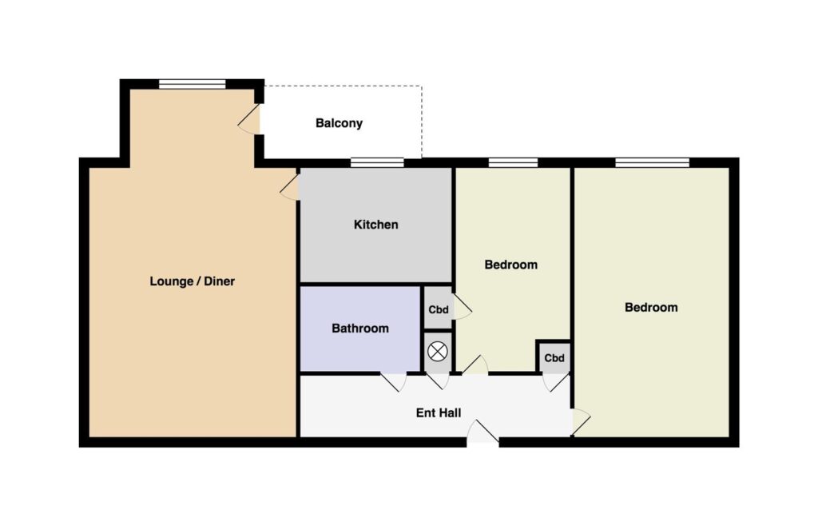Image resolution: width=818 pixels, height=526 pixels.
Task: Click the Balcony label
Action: pos(339,123)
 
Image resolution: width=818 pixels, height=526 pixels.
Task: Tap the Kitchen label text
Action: pos(375,225)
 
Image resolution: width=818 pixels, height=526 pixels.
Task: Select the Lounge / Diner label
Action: pos(192,281)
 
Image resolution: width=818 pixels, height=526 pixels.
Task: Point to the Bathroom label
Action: pos(360,329)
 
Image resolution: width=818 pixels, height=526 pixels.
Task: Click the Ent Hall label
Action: pos(439,412)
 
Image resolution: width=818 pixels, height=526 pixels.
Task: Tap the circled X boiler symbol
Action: pos(437,351)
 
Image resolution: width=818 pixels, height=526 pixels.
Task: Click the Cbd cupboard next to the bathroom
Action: pos(439,309)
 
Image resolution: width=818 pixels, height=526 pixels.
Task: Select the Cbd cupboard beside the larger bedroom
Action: pos(554,358)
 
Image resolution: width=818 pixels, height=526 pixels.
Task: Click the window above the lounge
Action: pos(192,84)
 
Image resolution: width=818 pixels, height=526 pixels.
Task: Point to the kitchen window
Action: pos(377,162)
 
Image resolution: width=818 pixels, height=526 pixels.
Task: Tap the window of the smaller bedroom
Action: pos(513,162)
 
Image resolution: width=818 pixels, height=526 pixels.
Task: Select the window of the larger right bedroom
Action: pos(652,162)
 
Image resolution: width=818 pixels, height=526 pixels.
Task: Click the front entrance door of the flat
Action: pos(483,432)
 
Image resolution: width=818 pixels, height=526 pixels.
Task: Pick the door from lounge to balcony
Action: pos(249,119)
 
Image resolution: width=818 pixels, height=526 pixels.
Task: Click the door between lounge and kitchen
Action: pos(290,187)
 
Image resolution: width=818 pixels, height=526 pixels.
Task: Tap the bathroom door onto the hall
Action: pos(393,381)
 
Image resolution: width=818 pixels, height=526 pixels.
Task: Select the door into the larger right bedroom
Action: pos(581,421)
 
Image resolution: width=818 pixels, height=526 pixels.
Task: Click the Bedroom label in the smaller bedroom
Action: pos(510,265)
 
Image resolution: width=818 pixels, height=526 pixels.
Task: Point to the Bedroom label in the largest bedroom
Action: pos(651,307)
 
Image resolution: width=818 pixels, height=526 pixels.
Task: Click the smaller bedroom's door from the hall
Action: pos(475,365)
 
